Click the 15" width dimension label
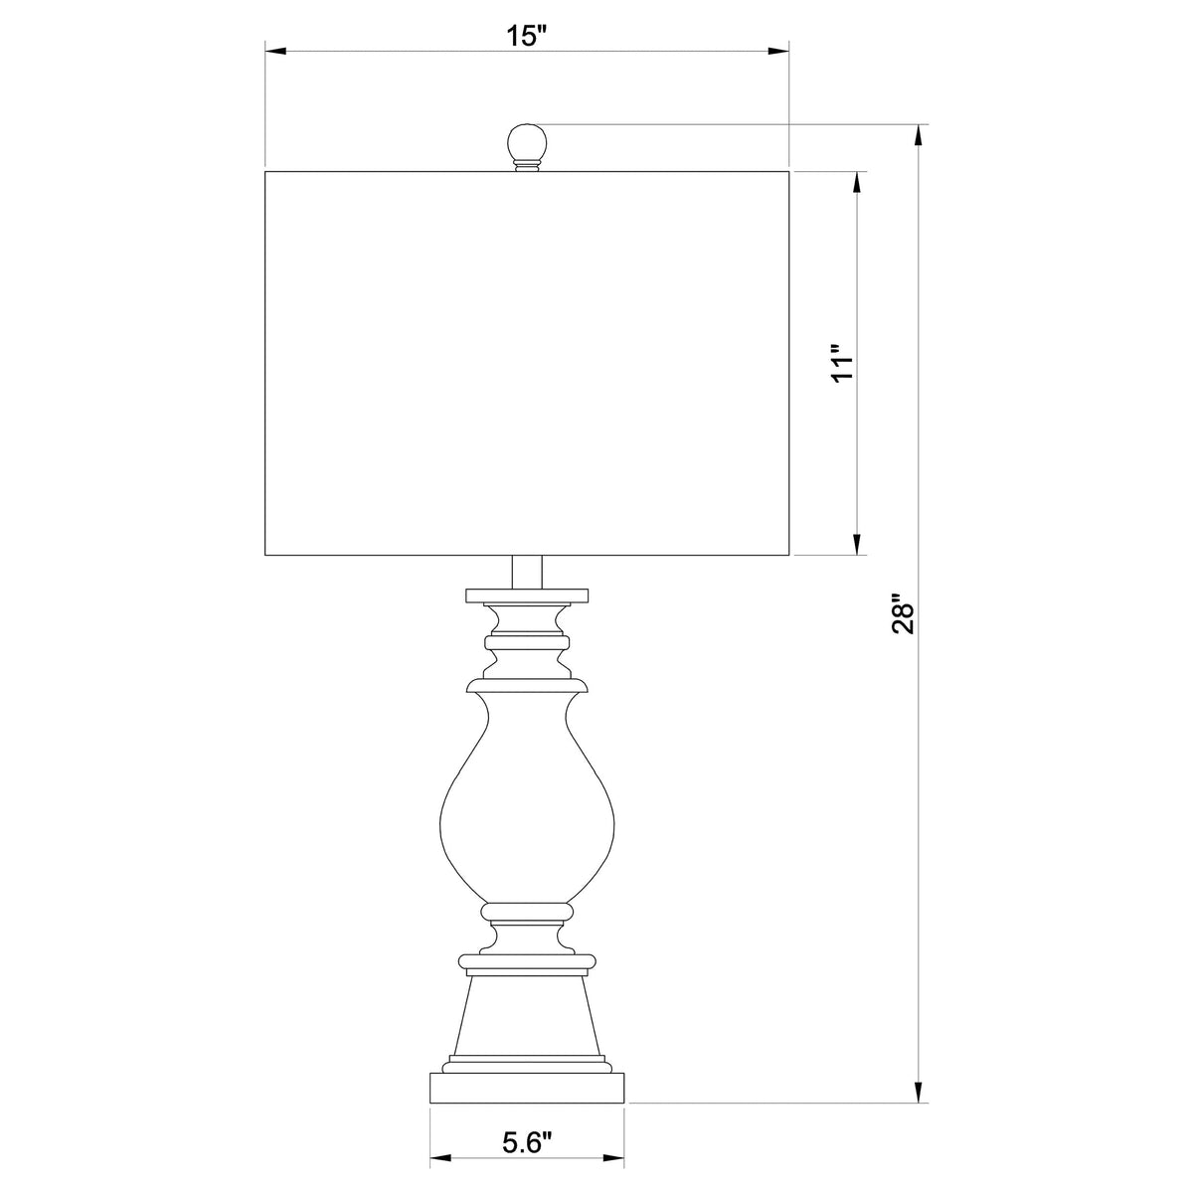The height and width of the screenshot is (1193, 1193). click(x=528, y=36)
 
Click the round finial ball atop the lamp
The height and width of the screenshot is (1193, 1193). click(x=527, y=143)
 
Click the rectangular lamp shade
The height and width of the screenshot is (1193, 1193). click(x=527, y=363)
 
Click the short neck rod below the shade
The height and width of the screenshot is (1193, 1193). click(x=527, y=572)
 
